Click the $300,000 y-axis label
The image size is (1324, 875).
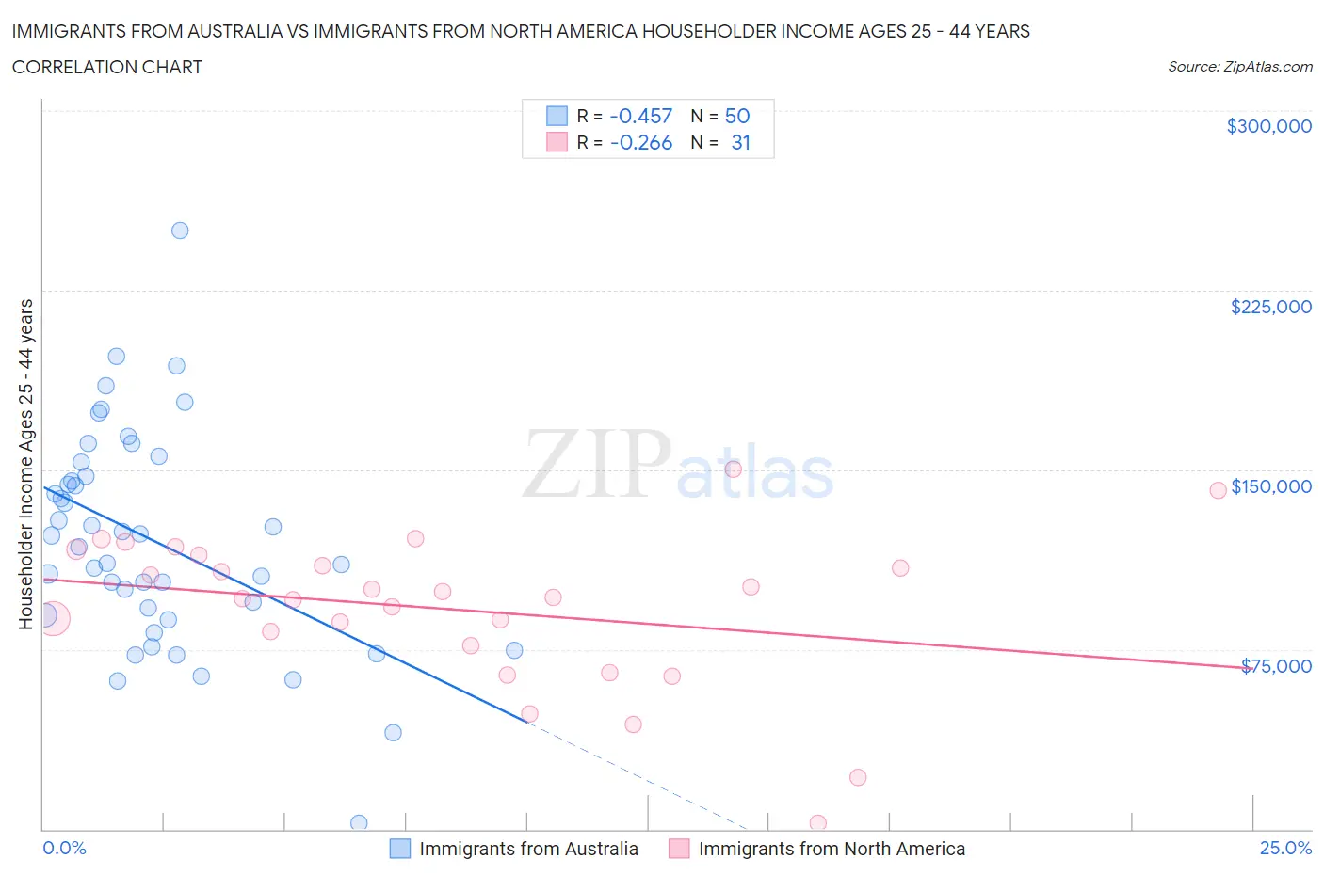[x=1268, y=126]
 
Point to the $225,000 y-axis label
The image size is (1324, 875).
[x=1270, y=307]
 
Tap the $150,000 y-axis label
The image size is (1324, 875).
[x=1270, y=486]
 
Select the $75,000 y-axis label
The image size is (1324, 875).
[x=1276, y=666]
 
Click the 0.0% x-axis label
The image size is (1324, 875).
[x=65, y=848]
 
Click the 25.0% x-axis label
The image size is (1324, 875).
[x=1285, y=848]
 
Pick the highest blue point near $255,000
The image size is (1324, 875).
[x=180, y=231]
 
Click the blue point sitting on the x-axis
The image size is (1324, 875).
[x=359, y=823]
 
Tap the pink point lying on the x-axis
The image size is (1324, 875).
[x=818, y=823]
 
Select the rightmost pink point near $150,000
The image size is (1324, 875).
[x=1218, y=489]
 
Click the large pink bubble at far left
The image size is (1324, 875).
[x=53, y=618]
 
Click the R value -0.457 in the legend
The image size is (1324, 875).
[x=640, y=116]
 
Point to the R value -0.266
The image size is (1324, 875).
[x=640, y=142]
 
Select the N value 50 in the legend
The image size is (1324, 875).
[x=736, y=116]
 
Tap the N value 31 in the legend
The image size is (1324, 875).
[x=740, y=142]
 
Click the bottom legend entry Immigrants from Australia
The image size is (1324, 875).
[x=527, y=849]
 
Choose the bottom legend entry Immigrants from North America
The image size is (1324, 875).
[x=831, y=849]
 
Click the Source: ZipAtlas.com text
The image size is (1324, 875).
[x=1239, y=66]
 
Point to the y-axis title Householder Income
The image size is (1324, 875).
[x=25, y=464]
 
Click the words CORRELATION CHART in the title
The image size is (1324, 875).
[x=107, y=67]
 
